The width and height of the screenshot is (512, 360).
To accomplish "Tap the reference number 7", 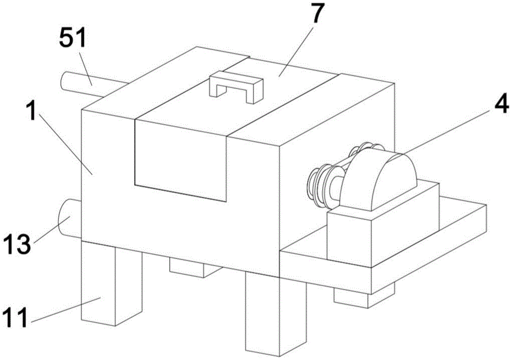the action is [316, 15].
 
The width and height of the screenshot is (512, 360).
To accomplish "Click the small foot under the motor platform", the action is [364, 297].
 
